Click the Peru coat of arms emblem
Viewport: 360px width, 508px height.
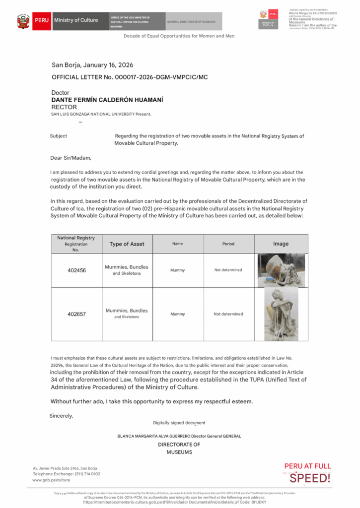click(23, 21)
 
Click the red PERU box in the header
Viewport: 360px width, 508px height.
click(41, 20)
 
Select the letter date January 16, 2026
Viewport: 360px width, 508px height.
click(92, 65)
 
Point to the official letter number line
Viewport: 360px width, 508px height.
click(126, 77)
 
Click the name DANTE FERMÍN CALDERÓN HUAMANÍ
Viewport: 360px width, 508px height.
click(107, 100)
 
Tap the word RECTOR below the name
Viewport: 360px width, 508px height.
click(64, 107)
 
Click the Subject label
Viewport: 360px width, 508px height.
click(59, 136)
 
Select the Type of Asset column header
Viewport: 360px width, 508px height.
click(127, 244)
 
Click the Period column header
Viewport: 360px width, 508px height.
click(228, 244)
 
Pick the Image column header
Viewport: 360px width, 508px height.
click(281, 244)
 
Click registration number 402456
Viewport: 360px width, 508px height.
click(76, 270)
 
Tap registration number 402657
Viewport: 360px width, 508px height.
click(76, 314)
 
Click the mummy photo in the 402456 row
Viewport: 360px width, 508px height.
click(281, 270)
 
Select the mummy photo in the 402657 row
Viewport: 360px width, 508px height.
click(281, 314)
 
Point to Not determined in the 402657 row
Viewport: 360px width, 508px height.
click(228, 314)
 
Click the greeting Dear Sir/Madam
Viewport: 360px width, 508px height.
click(71, 158)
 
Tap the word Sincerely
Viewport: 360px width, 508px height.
click(61, 416)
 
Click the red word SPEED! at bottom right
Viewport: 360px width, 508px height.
click(309, 478)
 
